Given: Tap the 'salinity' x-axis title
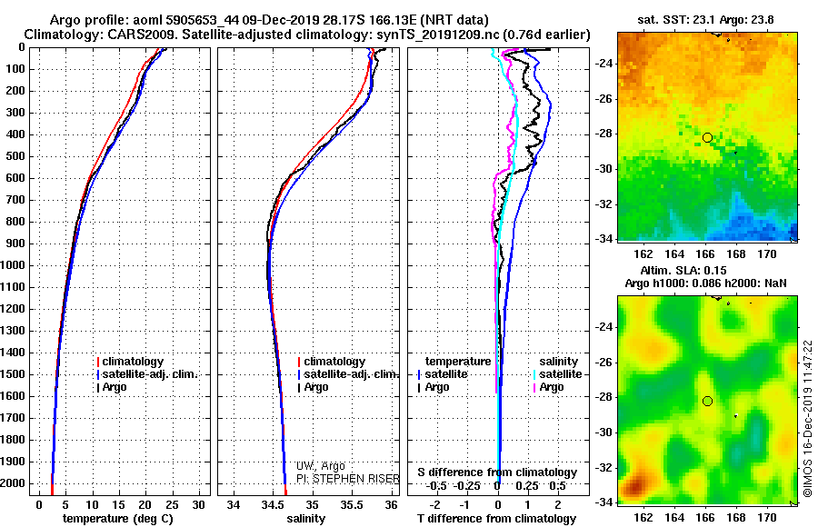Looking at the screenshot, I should coord(306,518).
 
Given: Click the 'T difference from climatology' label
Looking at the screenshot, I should coord(497,518).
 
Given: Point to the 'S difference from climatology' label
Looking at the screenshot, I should coord(497,472).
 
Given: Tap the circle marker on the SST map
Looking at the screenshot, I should coord(707,137).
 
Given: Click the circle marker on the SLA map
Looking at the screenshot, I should coord(707,401).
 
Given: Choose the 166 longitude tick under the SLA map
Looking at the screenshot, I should coord(705,518).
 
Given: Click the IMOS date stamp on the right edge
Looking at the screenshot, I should coord(807,418).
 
